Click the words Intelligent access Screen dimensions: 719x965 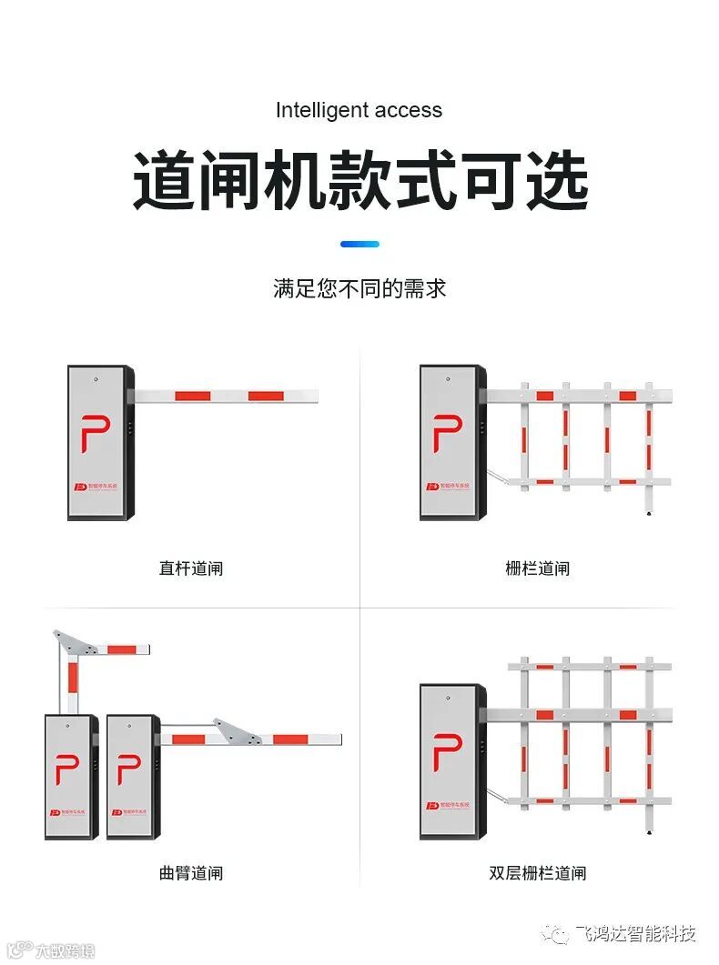(x=359, y=111)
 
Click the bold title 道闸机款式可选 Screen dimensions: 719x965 (x=360, y=182)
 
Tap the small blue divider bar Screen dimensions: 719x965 (x=359, y=244)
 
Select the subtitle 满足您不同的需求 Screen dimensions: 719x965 (x=359, y=289)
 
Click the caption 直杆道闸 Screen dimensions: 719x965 (x=190, y=568)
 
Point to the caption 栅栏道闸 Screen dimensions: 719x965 (x=537, y=568)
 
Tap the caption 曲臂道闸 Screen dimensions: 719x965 (x=190, y=873)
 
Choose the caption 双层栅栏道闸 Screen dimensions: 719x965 (x=537, y=873)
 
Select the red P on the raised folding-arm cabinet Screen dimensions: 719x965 (x=66, y=769)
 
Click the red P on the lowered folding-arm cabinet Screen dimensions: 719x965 (x=128, y=769)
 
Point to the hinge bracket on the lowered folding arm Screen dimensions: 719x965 (x=233, y=729)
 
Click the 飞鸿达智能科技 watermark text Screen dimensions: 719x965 (x=634, y=934)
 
